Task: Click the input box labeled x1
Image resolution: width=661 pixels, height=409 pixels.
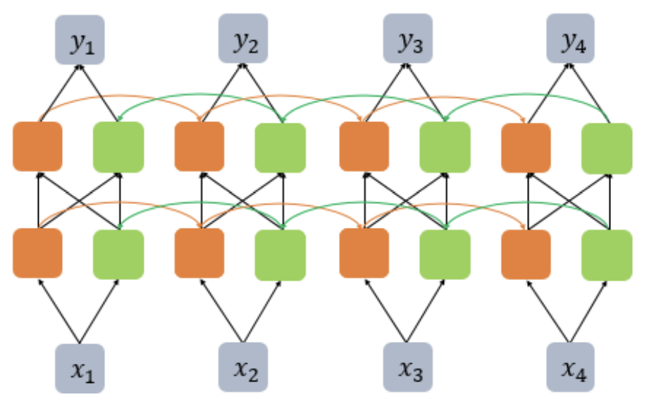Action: point(80,367)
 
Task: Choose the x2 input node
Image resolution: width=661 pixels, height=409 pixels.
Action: point(243,367)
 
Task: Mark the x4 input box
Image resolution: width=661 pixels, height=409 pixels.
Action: point(571,367)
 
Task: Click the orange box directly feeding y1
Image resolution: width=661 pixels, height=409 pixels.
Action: point(37,146)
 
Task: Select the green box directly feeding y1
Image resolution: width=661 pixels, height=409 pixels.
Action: point(118,147)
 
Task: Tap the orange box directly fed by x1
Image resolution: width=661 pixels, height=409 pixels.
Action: point(37,252)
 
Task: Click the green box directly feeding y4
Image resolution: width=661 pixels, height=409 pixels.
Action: point(607,147)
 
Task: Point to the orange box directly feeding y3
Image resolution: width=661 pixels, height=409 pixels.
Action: point(364,146)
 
